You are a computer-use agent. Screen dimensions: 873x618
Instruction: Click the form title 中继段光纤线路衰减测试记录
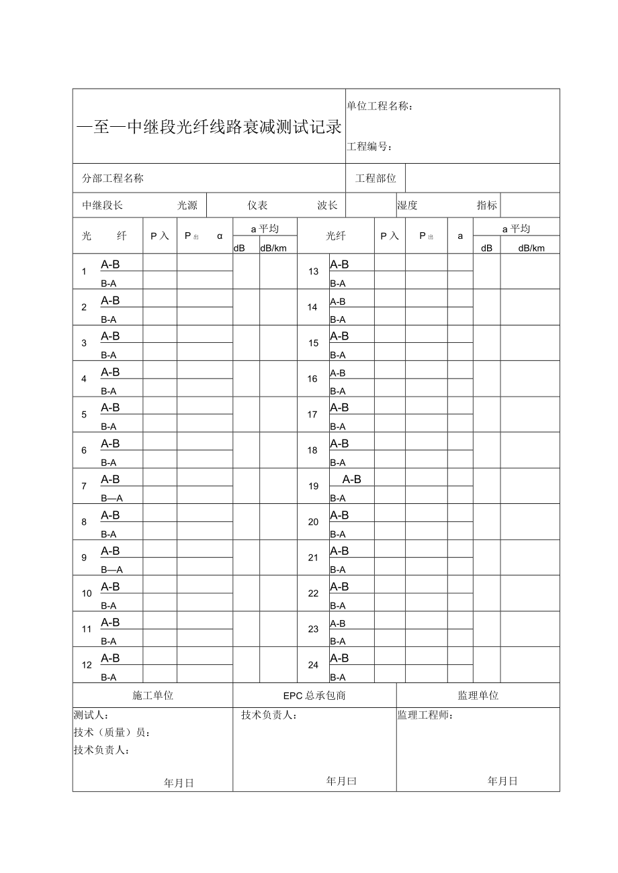point(209,127)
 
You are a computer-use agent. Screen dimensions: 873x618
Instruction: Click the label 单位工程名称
point(380,106)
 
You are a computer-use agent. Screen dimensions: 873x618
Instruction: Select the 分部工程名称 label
point(113,178)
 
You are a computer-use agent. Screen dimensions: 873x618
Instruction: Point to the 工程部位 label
point(376,178)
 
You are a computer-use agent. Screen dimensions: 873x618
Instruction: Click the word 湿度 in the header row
point(407,205)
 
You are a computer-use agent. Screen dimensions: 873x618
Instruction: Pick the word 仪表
point(257,205)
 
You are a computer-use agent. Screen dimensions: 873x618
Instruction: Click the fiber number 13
point(313,272)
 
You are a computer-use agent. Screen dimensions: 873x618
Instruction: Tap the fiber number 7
point(84,486)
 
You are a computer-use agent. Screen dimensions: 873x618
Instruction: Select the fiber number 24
point(313,666)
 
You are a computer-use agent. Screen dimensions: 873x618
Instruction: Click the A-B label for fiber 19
point(352,479)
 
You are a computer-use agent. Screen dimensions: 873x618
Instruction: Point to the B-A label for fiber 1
point(109,284)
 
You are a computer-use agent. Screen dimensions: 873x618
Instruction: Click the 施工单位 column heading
point(152,696)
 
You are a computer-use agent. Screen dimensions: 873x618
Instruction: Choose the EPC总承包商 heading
point(314,696)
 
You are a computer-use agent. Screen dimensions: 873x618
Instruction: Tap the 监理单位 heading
point(478,696)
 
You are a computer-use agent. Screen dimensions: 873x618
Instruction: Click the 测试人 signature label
point(91,715)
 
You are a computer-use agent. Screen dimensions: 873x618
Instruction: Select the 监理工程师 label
point(425,715)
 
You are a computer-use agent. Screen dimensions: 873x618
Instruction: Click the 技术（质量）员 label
point(112,733)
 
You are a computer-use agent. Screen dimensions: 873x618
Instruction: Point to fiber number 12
point(87,666)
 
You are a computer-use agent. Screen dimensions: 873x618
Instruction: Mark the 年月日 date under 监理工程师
point(502,781)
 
